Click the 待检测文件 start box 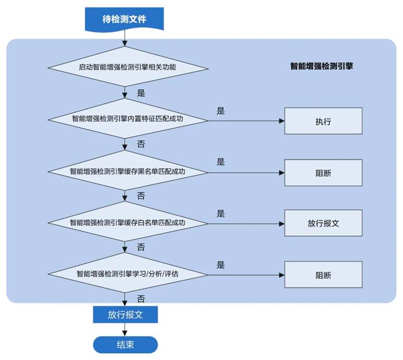125,19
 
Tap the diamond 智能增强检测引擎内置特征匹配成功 125,119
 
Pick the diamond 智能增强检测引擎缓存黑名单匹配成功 125,171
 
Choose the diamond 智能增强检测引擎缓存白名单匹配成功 125,222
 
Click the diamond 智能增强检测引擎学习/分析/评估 125,274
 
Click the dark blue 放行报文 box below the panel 125,314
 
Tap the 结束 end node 125,344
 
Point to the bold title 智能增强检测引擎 321,66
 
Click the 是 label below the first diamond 141,94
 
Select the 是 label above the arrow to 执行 220,111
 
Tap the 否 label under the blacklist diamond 141,196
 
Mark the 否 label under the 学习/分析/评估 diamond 141,299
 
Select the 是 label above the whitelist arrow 220,214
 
